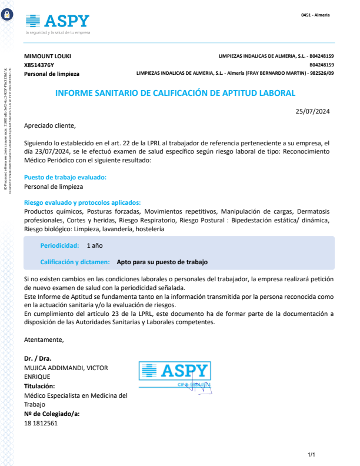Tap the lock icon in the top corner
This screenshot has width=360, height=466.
click(x=6, y=15)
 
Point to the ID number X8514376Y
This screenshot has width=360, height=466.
click(x=39, y=65)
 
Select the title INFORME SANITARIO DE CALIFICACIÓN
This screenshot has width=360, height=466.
click(x=175, y=93)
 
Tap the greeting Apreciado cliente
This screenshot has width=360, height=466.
click(x=50, y=125)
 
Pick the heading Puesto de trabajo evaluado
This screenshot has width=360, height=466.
click(x=65, y=177)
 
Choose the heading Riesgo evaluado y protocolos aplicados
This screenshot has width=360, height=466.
click(x=82, y=202)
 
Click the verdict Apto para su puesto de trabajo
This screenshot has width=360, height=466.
click(x=162, y=262)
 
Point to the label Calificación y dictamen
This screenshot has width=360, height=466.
click(x=75, y=262)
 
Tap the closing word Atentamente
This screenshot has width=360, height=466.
click(x=44, y=339)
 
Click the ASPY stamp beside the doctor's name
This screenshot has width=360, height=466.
click(x=175, y=374)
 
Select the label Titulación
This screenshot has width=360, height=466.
click(x=39, y=386)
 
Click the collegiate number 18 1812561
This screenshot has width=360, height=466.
click(x=41, y=423)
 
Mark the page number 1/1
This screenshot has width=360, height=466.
click(x=312, y=455)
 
